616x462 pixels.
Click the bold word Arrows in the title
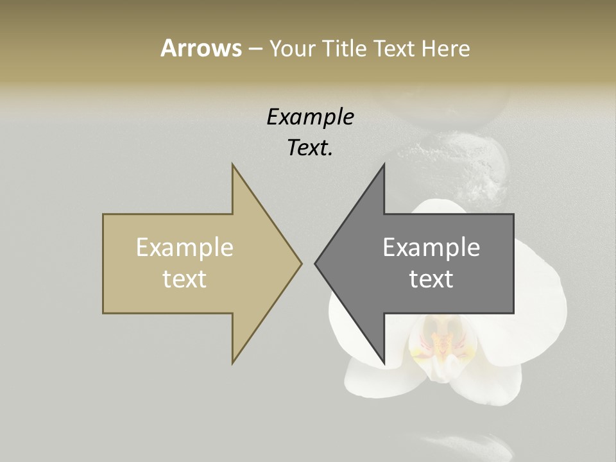[201, 48]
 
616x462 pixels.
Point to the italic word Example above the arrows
[310, 117]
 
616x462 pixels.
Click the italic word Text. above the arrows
[310, 148]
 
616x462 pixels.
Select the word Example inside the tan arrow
[185, 247]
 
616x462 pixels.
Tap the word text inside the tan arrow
[185, 279]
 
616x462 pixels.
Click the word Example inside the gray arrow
[431, 247]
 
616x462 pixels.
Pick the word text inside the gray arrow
[431, 279]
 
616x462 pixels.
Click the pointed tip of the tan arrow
[301, 263]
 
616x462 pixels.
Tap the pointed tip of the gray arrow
[316, 263]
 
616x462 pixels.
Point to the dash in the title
[255, 49]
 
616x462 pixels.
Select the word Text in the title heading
[395, 49]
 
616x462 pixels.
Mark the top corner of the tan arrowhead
[233, 165]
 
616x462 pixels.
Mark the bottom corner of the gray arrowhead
[384, 362]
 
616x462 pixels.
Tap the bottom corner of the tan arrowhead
[233, 363]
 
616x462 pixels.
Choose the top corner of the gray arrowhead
[384, 165]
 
